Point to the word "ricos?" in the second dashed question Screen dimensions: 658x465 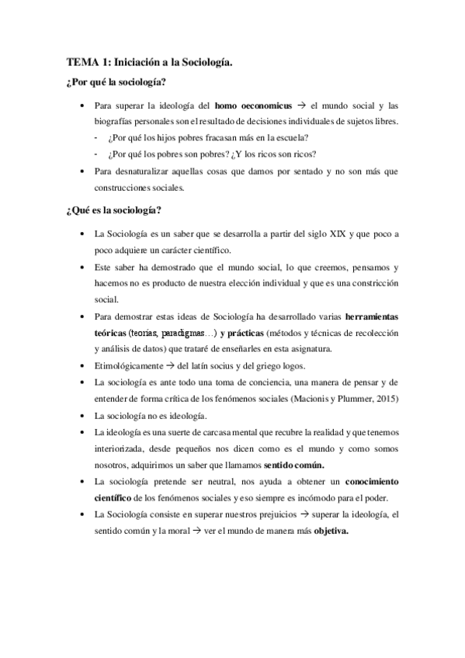coord(302,153)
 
